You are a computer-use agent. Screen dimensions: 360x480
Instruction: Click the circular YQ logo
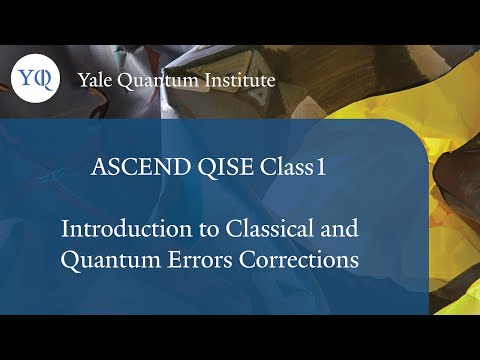pos(31,79)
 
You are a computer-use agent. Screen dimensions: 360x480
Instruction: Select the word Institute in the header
pos(239,80)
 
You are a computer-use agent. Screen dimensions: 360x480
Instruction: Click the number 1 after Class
pos(321,169)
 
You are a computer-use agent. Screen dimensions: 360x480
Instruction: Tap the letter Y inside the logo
pos(25,78)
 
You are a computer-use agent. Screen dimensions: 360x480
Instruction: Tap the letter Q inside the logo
pos(37,80)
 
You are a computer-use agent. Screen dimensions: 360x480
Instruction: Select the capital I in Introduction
pos(66,228)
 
